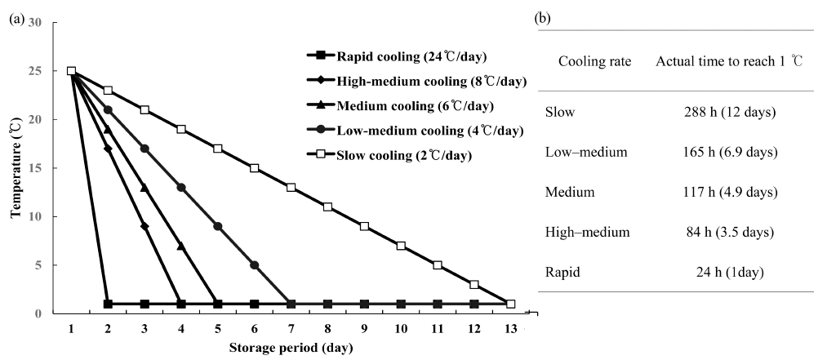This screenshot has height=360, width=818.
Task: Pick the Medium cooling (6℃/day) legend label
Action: tap(402, 106)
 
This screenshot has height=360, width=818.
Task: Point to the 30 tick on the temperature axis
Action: tap(35, 22)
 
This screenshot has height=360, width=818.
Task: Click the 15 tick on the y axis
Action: tap(35, 168)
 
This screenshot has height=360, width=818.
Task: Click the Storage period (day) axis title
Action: tap(291, 349)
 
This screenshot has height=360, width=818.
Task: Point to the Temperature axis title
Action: tap(15, 168)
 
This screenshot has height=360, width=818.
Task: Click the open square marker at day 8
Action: tap(327, 207)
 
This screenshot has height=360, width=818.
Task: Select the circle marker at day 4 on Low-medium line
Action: tap(181, 188)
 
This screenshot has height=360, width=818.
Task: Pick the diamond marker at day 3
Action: tap(144, 226)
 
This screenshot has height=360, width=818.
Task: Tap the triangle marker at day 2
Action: tap(108, 129)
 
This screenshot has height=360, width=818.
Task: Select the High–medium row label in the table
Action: tap(586, 233)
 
